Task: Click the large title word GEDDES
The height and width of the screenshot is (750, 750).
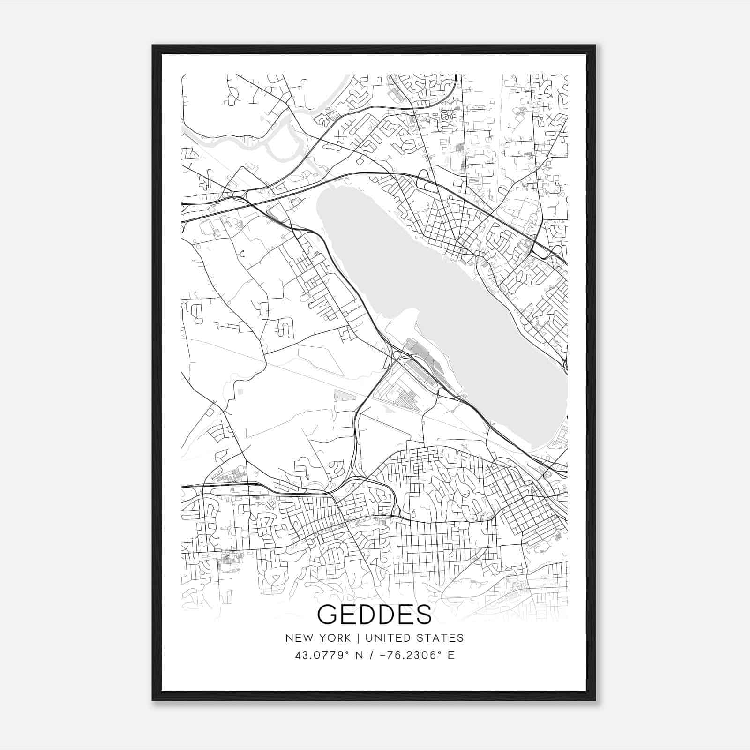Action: click(x=375, y=615)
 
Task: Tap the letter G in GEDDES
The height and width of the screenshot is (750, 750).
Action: click(x=326, y=615)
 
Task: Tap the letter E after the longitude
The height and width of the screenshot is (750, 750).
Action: click(x=451, y=655)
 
